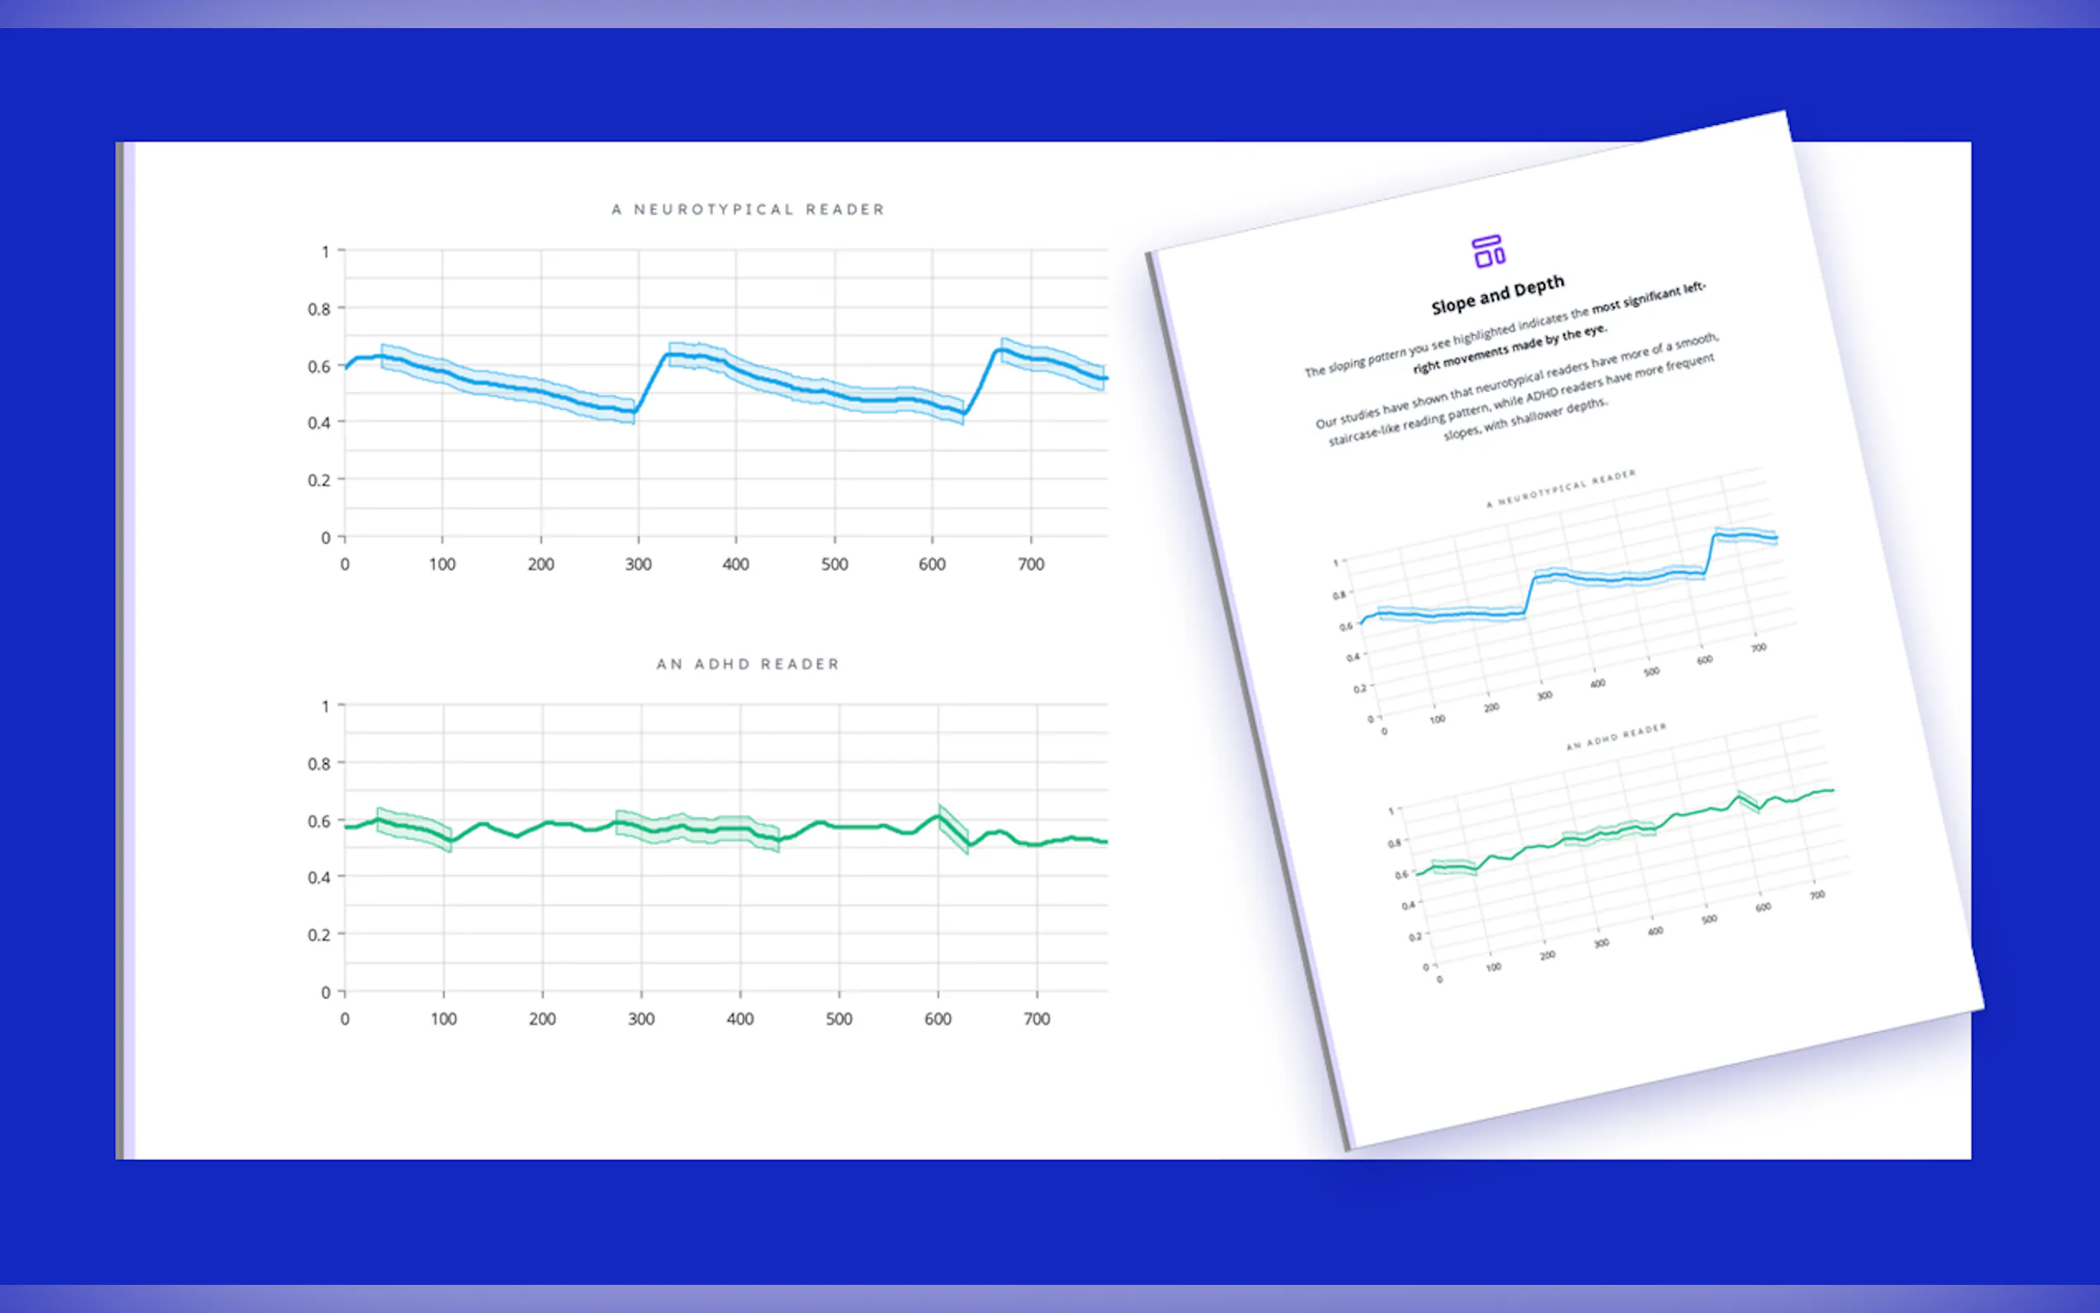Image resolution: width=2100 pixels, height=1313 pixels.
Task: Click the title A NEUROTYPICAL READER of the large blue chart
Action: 747,209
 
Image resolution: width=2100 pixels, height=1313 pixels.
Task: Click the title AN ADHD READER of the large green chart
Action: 747,664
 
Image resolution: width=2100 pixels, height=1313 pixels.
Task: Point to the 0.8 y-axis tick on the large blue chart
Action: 318,309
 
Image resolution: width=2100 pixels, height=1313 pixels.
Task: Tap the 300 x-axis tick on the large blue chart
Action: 638,565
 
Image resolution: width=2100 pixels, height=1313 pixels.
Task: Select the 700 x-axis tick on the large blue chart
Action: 1030,565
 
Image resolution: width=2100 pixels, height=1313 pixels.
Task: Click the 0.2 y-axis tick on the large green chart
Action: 318,935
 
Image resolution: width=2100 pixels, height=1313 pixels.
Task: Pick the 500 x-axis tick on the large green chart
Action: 838,1019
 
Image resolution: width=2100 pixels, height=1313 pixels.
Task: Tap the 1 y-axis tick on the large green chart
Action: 326,707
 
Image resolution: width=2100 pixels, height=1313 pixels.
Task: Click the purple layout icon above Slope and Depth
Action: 1488,252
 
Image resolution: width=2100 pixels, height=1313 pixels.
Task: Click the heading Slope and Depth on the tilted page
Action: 1497,294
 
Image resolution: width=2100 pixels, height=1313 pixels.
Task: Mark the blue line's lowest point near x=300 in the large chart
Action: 635,411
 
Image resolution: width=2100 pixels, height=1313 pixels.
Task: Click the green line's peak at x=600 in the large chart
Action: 938,815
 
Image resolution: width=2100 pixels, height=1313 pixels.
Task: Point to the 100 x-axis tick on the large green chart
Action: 444,1019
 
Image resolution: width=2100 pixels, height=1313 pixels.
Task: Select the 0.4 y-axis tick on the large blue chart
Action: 318,423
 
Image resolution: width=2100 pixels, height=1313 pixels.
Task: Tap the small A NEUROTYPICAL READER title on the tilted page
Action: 1560,488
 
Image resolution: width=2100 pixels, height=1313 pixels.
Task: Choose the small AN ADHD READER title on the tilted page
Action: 1616,737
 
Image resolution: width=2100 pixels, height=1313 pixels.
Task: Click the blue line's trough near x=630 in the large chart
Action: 962,413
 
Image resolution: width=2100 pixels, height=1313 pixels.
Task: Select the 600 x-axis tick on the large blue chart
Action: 933,565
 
